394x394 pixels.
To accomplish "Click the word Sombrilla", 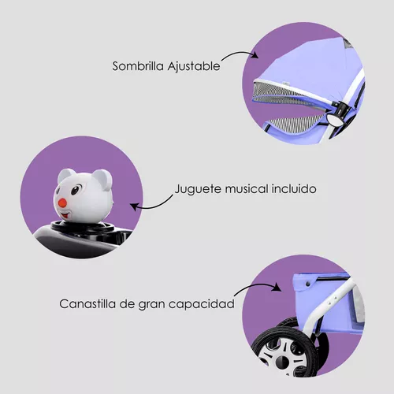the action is pos(138,66).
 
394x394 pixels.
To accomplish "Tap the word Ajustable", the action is pos(194,66).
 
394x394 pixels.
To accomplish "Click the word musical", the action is pos(247,189).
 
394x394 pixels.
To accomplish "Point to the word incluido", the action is pos(294,189).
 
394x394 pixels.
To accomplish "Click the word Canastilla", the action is pos(87,304).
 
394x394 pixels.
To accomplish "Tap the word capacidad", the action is pos(202,304).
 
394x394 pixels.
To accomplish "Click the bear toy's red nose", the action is pos(62,203).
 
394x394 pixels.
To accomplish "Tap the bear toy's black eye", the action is pos(75,190).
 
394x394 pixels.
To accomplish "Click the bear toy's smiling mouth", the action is pos(65,215).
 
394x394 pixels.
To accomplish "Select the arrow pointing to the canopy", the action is pos(240,54).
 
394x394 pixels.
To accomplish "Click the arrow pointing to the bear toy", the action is pos(151,205).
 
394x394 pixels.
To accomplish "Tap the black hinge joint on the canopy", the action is pos(340,107).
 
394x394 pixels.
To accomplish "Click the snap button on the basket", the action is pos(307,284).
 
